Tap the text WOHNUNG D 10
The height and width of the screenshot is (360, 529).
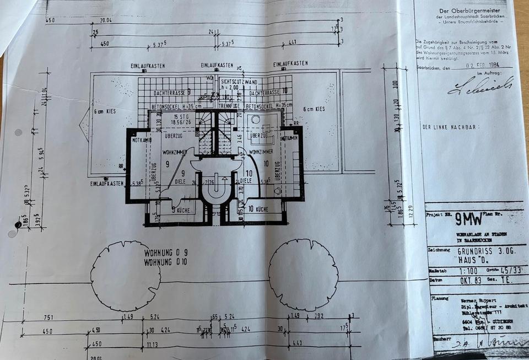pyautogui.click(x=165, y=262)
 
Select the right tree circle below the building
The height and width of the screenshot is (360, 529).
pyautogui.click(x=303, y=275)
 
